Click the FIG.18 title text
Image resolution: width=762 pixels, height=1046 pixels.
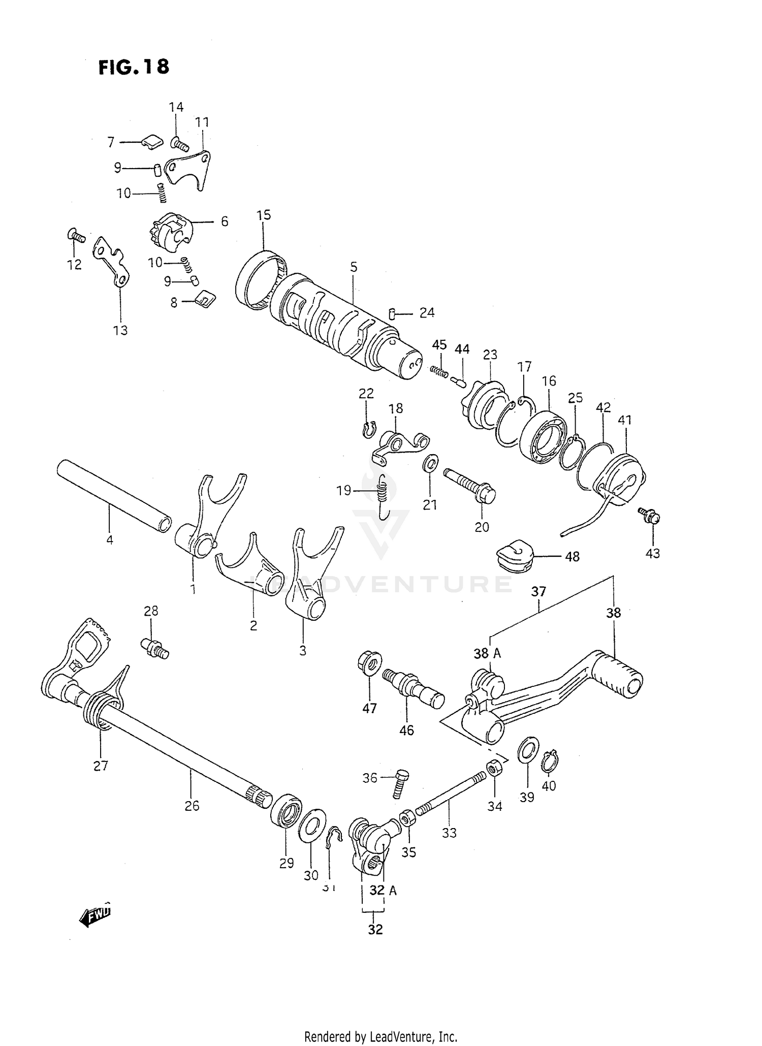pyautogui.click(x=134, y=67)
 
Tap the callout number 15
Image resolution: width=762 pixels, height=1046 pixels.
pyautogui.click(x=264, y=215)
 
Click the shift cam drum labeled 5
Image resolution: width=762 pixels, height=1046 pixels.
pyautogui.click(x=335, y=325)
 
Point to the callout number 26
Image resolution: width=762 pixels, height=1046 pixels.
pyautogui.click(x=192, y=806)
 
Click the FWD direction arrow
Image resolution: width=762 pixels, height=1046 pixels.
pyautogui.click(x=96, y=915)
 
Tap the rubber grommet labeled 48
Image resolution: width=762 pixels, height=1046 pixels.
pyautogui.click(x=514, y=556)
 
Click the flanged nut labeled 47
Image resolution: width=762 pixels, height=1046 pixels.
pyautogui.click(x=370, y=663)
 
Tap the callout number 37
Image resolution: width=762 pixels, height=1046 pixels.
pyautogui.click(x=538, y=591)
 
